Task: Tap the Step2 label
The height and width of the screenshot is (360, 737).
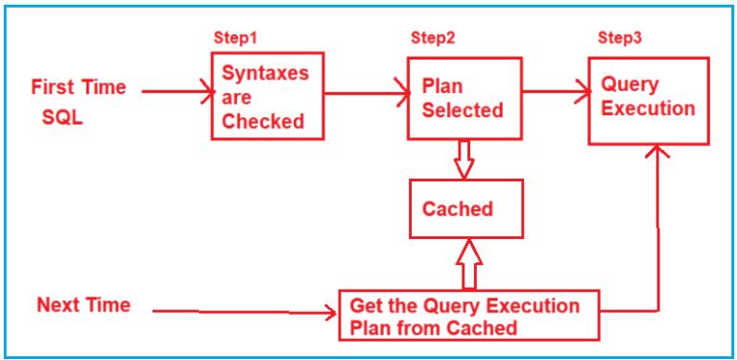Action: click(433, 37)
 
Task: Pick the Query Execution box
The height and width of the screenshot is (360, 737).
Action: click(649, 97)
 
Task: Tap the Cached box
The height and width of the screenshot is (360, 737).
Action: click(466, 208)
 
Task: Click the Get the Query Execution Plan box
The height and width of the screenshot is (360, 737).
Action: click(468, 316)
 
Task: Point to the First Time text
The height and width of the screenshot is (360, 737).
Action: click(79, 87)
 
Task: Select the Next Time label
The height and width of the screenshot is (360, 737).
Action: click(83, 305)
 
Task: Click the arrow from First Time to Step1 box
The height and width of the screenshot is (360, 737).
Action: click(178, 92)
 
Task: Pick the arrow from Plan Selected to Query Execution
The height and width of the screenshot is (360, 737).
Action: click(556, 93)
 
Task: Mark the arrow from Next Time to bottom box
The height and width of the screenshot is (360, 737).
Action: click(245, 311)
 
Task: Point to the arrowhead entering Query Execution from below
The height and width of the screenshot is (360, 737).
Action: click(657, 154)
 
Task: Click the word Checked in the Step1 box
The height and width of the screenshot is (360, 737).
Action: click(263, 121)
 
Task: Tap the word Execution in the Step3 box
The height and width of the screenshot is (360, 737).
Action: click(649, 108)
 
